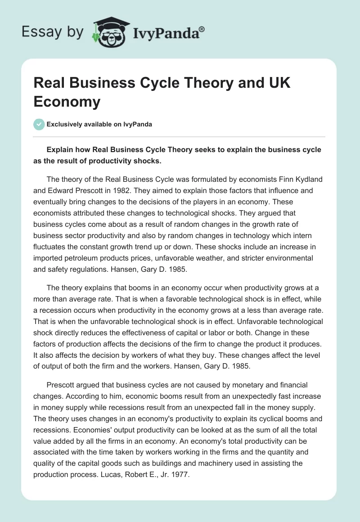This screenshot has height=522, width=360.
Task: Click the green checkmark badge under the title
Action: [x=39, y=124]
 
